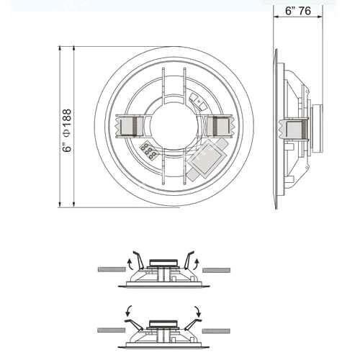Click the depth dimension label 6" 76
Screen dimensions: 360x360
298,11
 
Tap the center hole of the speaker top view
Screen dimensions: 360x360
174,127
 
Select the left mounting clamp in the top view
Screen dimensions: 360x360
130,126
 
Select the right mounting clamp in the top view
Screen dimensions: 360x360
220,126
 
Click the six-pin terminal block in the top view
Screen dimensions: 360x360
149,150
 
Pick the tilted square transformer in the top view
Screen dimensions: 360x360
207,158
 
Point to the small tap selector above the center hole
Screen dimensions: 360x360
198,102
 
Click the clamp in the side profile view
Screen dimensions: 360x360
294,130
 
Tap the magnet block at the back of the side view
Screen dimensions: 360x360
318,128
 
